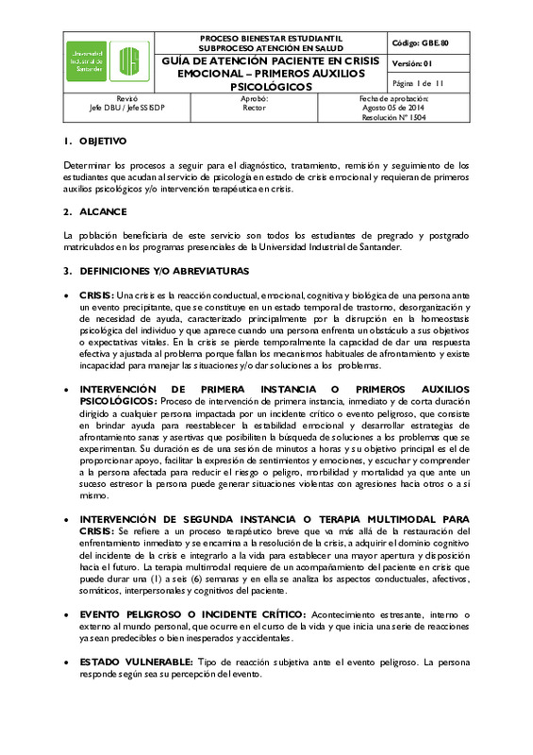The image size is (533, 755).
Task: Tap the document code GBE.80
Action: [x=429, y=43]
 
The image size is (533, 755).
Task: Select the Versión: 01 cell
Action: [x=411, y=63]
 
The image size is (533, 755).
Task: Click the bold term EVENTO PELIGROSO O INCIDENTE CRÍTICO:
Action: [x=196, y=614]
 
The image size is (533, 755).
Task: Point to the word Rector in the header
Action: [x=255, y=109]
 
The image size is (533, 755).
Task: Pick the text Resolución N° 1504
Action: [x=393, y=118]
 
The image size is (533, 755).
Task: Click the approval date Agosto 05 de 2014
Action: [x=393, y=109]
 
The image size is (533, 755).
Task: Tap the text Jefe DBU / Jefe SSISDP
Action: [x=126, y=109]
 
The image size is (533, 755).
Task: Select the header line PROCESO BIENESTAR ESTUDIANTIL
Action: [x=271, y=38]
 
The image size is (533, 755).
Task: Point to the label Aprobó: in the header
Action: [x=255, y=98]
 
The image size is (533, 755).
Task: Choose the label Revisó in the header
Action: [x=126, y=98]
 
